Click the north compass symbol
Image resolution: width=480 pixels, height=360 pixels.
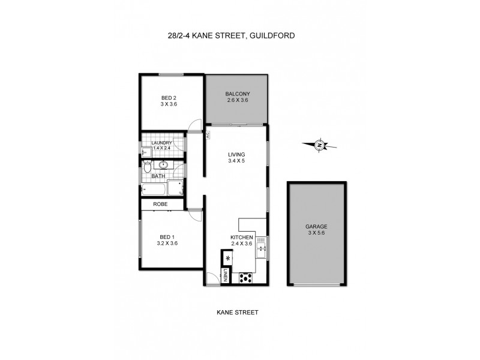click(x=320, y=144)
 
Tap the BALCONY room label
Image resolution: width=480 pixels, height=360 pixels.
click(x=237, y=94)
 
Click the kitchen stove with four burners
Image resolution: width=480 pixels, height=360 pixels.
click(x=245, y=277)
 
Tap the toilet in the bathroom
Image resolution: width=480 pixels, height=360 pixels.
click(x=147, y=168)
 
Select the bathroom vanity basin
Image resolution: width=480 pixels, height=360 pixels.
click(x=164, y=164)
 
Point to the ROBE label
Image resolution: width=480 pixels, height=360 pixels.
click(x=160, y=205)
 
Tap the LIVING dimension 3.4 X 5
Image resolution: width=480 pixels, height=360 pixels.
click(x=237, y=161)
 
